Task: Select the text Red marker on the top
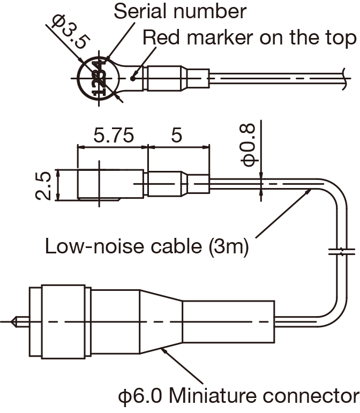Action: pos(250,37)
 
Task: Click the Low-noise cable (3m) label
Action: pos(146,247)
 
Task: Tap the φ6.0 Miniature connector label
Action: pos(239,397)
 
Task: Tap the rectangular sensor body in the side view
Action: pos(110,184)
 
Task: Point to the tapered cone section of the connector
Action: pos(161,321)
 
